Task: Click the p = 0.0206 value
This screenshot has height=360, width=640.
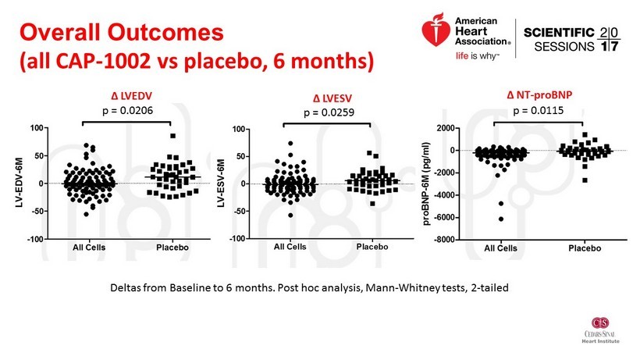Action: click(x=128, y=111)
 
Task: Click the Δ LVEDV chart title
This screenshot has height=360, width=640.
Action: click(x=128, y=96)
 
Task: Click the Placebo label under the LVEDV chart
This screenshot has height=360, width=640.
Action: click(x=172, y=247)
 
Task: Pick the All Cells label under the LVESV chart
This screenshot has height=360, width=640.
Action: click(x=290, y=247)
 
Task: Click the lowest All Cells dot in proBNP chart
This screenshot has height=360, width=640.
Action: click(x=501, y=219)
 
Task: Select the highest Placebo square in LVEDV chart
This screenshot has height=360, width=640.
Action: click(x=172, y=136)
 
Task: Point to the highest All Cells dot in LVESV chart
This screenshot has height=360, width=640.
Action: click(x=290, y=144)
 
